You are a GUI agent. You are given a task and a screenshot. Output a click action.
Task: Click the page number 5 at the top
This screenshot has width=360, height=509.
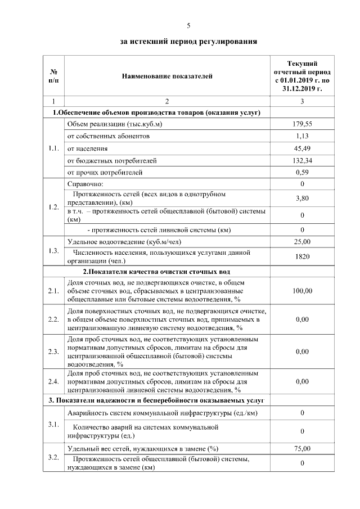pyautogui.click(x=188, y=25)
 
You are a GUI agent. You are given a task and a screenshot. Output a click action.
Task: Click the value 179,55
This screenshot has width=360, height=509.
pyautogui.click(x=302, y=124)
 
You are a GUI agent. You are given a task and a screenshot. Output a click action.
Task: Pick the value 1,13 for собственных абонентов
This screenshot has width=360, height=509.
pyautogui.click(x=302, y=136)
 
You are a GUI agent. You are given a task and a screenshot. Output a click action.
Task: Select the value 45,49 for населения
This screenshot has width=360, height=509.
pyautogui.click(x=302, y=148)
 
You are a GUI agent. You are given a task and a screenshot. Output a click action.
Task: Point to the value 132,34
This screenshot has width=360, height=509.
pyautogui.click(x=302, y=161)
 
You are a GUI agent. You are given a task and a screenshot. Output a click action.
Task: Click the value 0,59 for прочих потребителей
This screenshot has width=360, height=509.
pyautogui.click(x=302, y=173)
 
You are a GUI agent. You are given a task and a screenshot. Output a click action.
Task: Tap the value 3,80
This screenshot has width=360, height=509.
pyautogui.click(x=302, y=198)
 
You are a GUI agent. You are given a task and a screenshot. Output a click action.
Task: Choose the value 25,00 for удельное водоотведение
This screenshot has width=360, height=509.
pyautogui.click(x=302, y=242)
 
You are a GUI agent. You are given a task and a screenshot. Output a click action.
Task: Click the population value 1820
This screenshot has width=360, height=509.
pyautogui.click(x=302, y=256)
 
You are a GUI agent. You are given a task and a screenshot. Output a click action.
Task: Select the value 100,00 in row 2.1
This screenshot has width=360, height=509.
pyautogui.click(x=302, y=291)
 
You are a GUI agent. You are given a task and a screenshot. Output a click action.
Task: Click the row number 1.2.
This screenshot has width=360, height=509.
pyautogui.click(x=53, y=207)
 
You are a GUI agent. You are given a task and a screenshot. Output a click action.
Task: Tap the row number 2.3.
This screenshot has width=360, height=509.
pyautogui.click(x=53, y=352)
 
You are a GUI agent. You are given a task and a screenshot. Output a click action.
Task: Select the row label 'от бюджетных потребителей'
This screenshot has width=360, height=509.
pyautogui.click(x=112, y=161)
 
